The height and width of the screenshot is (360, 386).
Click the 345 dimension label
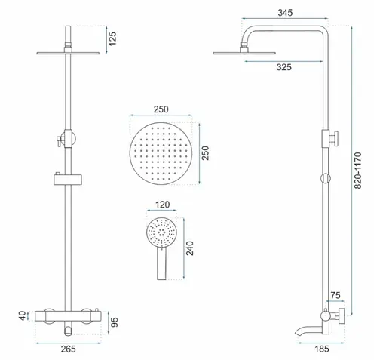coord(285,13)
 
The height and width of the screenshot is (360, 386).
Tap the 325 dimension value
coord(284,67)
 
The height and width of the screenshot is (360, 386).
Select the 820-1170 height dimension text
coord(357,171)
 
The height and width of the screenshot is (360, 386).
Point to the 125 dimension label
coord(112,38)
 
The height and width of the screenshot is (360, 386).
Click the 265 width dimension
coord(68,349)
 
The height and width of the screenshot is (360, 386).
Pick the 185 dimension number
coord(322,349)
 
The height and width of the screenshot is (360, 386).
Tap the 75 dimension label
coord(335,295)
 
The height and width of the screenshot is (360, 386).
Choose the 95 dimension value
coord(115,322)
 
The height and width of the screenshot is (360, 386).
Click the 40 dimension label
coord(23,315)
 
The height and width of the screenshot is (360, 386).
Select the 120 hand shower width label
coord(162,205)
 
